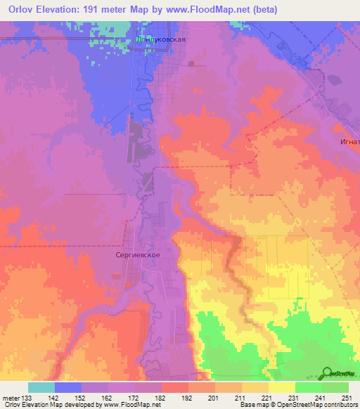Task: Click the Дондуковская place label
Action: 161,40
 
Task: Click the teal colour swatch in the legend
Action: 41,387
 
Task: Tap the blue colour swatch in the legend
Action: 68,387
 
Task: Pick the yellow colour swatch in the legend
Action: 281,387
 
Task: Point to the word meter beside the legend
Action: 11,397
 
